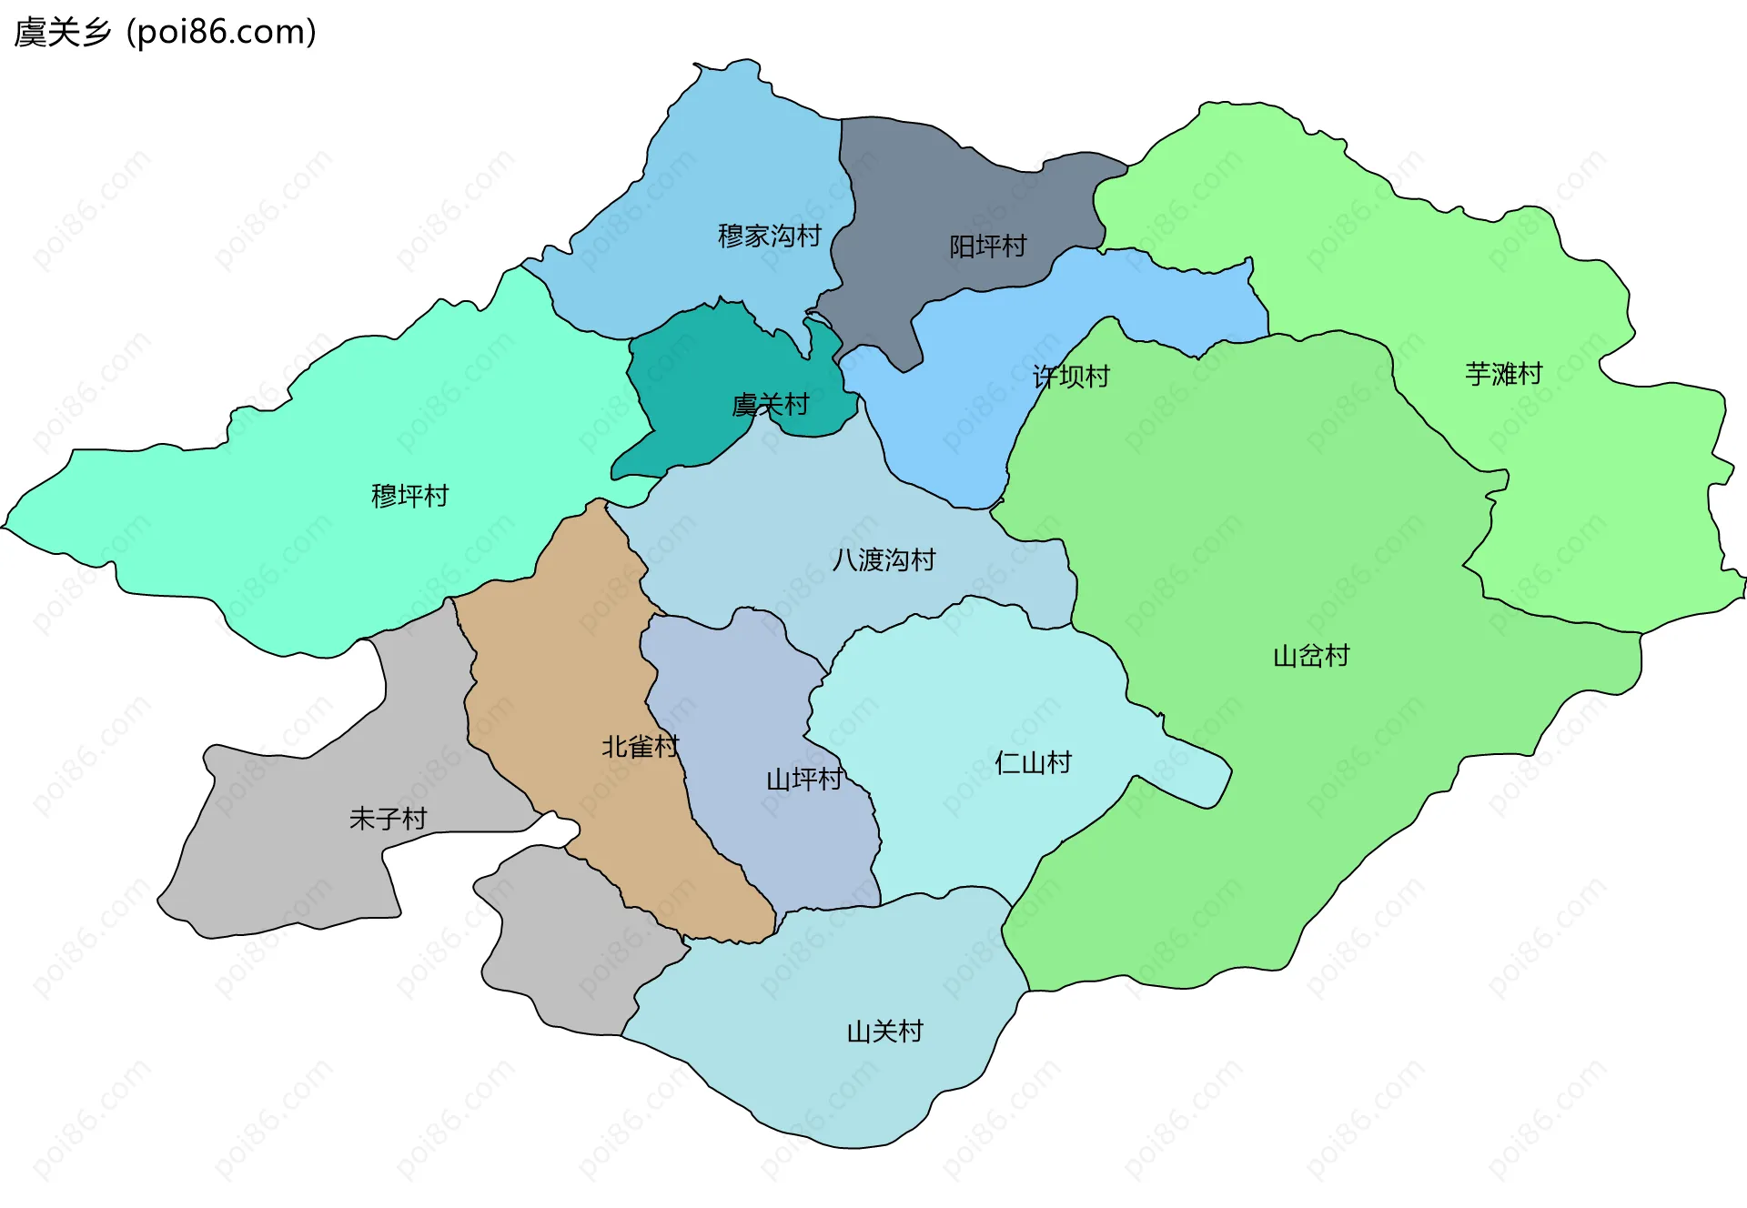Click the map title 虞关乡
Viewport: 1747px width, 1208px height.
coord(62,33)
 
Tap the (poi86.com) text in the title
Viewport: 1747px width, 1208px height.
coord(221,33)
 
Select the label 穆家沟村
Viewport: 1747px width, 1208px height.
coord(769,237)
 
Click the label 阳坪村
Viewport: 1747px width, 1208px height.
coord(987,247)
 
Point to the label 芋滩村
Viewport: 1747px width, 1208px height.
coord(1503,374)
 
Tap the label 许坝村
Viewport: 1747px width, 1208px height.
coord(1071,377)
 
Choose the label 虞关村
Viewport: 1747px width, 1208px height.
coord(770,405)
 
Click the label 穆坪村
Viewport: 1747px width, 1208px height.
coord(409,496)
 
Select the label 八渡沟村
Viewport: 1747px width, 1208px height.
coord(884,559)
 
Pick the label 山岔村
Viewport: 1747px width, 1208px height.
coord(1310,656)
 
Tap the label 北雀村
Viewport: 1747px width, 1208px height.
coord(640,747)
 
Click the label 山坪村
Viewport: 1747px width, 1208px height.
coord(803,780)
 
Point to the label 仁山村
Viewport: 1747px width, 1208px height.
coord(1033,762)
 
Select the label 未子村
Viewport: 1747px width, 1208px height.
coord(388,819)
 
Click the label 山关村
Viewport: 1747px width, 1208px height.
coord(884,1032)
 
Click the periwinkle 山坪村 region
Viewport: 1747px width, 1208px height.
coord(755,691)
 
